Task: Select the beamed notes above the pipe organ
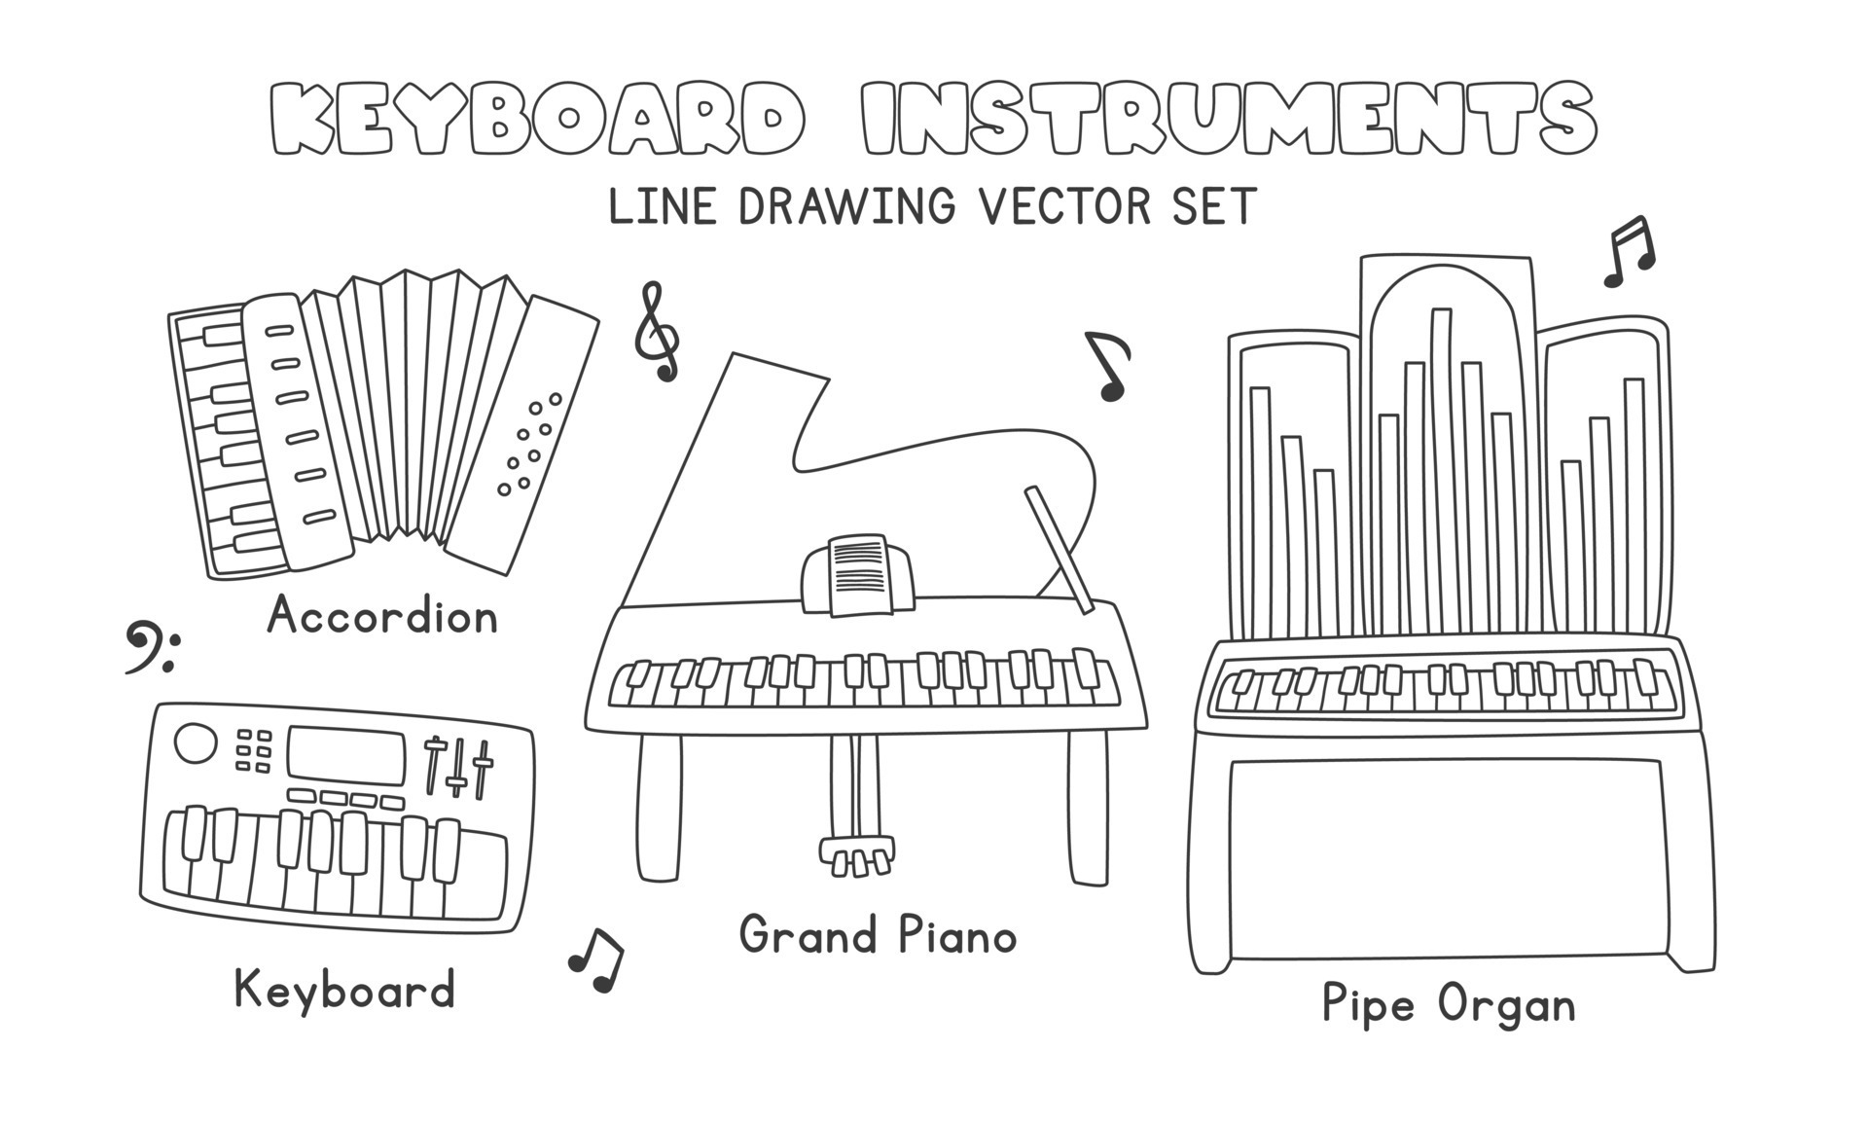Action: [x=1630, y=252]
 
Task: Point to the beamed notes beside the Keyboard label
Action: [x=596, y=959]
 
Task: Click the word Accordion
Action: [x=382, y=616]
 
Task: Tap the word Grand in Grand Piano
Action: [x=809, y=935]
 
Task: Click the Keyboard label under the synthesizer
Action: [x=344, y=990]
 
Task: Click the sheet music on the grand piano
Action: [x=858, y=575]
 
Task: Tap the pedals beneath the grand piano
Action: [x=856, y=856]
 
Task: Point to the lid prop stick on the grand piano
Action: [x=1060, y=551]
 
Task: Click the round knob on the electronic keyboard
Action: [x=196, y=743]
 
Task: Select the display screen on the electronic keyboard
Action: [x=346, y=755]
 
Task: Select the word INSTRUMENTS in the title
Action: [x=1229, y=120]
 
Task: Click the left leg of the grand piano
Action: [x=660, y=808]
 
